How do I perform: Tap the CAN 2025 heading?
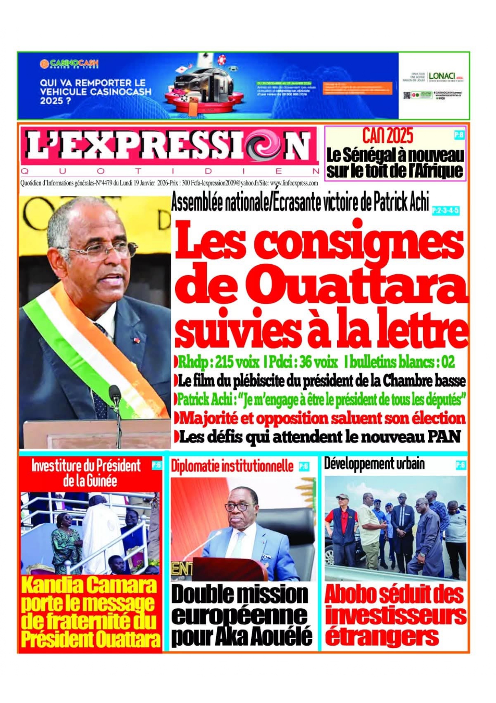coord(387,136)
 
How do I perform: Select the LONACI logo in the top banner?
coord(442,76)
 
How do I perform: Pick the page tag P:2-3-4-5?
coord(445,210)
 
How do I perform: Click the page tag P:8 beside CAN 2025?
coord(459,135)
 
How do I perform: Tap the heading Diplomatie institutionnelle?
coord(232,466)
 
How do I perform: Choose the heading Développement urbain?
coord(374,464)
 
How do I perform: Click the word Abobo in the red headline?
coord(350,595)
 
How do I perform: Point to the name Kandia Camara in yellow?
coord(89,585)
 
